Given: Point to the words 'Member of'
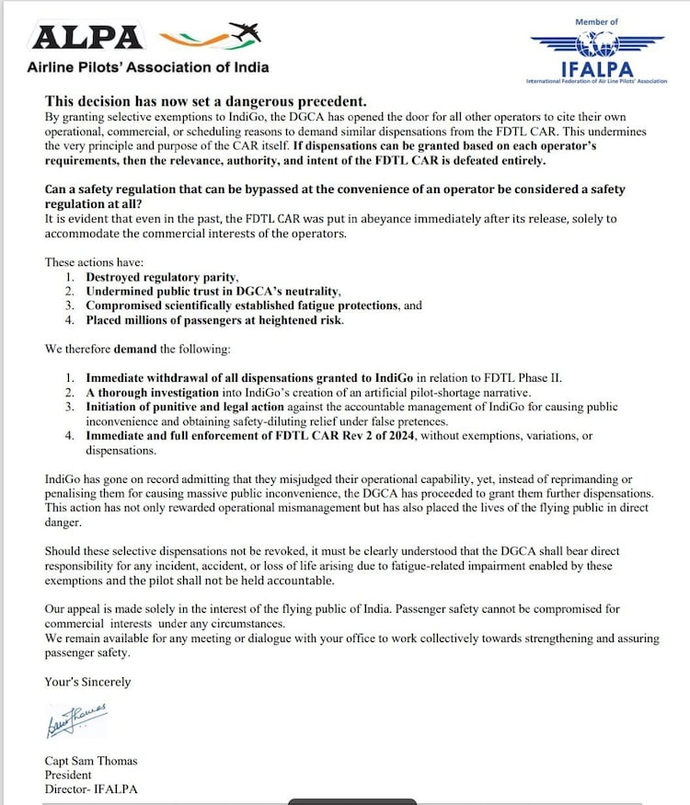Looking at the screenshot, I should coord(597,21).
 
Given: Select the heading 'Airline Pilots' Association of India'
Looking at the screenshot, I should coord(148,67).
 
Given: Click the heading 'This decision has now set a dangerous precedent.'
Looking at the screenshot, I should coord(206,102).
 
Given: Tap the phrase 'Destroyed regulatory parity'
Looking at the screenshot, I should coord(163,276).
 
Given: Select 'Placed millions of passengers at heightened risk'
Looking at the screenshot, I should coord(215,320).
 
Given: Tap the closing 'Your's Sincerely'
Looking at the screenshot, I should coord(88,682).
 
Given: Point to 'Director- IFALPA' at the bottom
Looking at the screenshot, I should coord(92,789).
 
